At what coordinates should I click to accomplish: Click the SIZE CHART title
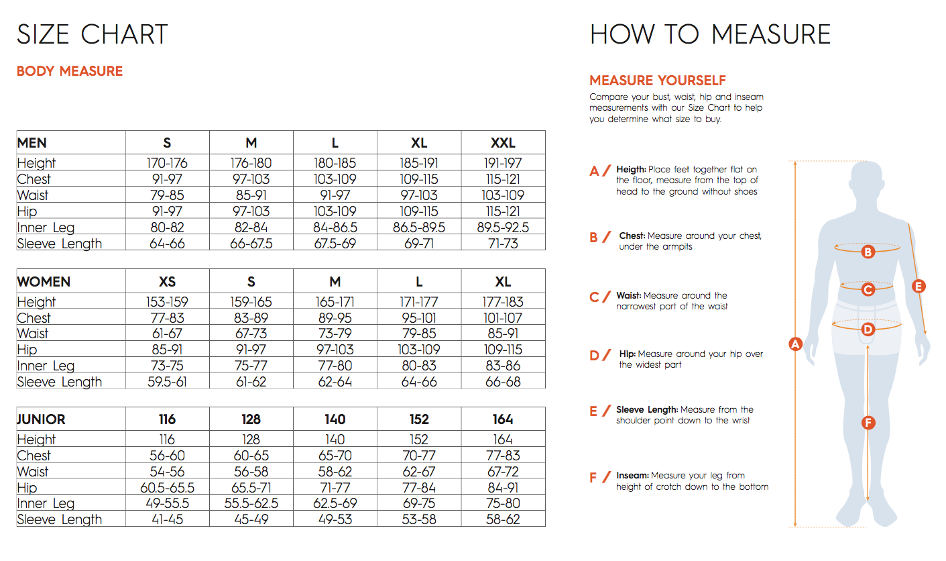pyautogui.click(x=92, y=34)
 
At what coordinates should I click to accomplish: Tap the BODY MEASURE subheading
pyautogui.click(x=70, y=71)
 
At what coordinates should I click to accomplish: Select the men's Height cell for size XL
pyautogui.click(x=419, y=163)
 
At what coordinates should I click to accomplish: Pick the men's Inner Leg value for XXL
pyautogui.click(x=503, y=227)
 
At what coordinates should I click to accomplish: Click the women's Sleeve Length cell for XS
pyautogui.click(x=167, y=382)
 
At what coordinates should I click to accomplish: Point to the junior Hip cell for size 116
pyautogui.click(x=167, y=488)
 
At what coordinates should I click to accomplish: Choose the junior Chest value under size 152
pyautogui.click(x=419, y=456)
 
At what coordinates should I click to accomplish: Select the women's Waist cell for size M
pyautogui.click(x=335, y=334)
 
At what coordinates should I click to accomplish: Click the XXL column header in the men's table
pyautogui.click(x=503, y=143)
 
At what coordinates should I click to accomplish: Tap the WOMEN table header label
pyautogui.click(x=44, y=282)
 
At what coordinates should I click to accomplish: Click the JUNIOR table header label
pyautogui.click(x=41, y=419)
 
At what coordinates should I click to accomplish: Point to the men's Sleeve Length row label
pyautogui.click(x=60, y=244)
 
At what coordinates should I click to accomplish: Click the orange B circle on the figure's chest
pyautogui.click(x=868, y=252)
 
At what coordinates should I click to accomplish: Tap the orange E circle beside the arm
pyautogui.click(x=919, y=287)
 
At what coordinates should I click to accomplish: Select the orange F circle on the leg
pyautogui.click(x=868, y=422)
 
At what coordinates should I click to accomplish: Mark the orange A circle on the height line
pyautogui.click(x=795, y=344)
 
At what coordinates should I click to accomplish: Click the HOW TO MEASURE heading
pyautogui.click(x=710, y=34)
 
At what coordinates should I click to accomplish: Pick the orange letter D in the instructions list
pyautogui.click(x=594, y=356)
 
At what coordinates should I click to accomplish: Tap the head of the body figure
pyautogui.click(x=868, y=183)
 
